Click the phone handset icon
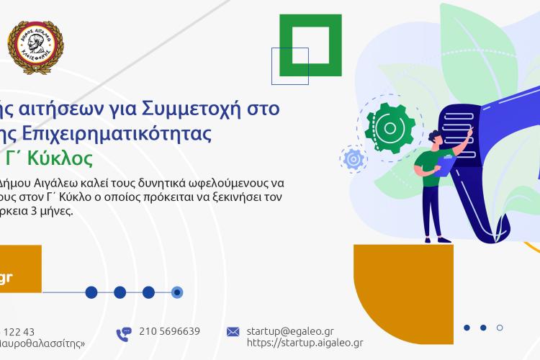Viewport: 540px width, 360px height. coord(124,333)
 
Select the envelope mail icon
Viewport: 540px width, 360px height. coord(233,332)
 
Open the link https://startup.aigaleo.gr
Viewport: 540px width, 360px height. coord(305,343)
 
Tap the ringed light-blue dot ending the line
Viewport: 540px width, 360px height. coord(177,292)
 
